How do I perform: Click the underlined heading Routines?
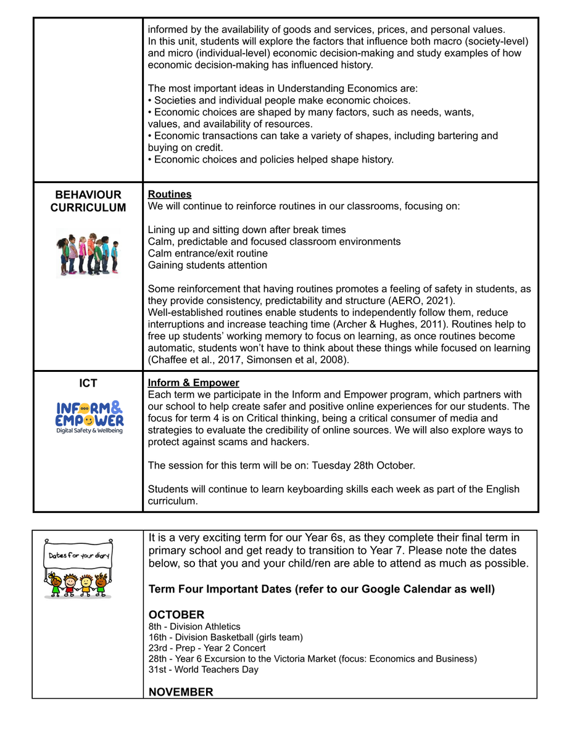[170, 194]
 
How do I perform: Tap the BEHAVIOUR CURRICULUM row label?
[88, 201]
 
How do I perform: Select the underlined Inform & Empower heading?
[193, 383]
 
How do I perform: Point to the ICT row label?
[88, 384]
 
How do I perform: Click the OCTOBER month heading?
[176, 615]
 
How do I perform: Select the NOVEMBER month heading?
[181, 692]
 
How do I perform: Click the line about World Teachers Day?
[203, 670]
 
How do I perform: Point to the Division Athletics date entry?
[194, 627]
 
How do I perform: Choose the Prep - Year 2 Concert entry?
[207, 648]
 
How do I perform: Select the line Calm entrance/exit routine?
[207, 253]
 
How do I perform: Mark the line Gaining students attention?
[207, 265]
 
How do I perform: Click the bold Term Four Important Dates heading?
[321, 589]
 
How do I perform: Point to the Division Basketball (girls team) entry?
[225, 637]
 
